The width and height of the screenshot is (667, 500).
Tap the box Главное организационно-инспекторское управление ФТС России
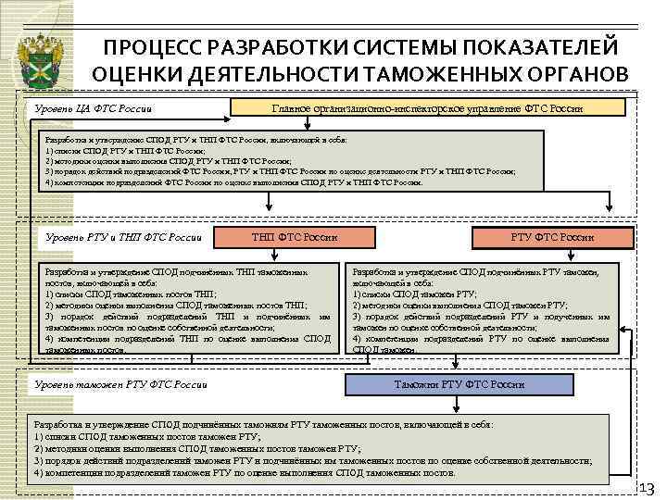427,109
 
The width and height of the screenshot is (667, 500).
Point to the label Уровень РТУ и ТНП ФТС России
123,238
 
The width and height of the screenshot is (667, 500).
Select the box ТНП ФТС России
294,238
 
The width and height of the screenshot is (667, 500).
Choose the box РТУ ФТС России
552,238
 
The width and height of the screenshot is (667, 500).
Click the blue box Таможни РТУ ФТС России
459,383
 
